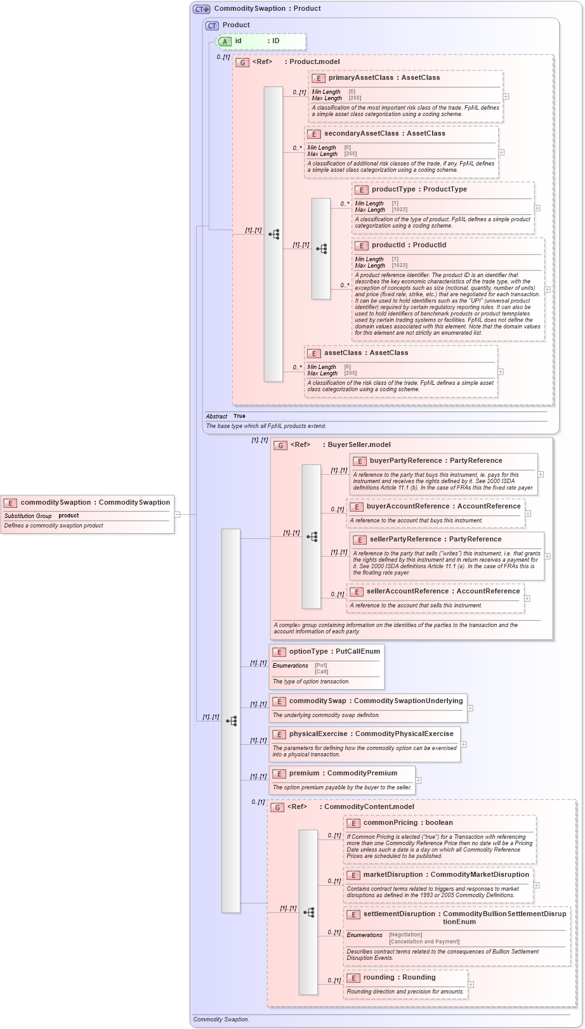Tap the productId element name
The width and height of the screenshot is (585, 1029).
click(x=388, y=245)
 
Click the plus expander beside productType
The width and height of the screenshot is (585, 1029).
click(x=537, y=208)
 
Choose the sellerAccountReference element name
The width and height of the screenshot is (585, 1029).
click(x=407, y=591)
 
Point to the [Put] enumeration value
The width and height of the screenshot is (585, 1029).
click(x=321, y=665)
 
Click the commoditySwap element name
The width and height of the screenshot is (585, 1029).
click(x=317, y=701)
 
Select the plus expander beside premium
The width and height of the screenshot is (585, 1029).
click(x=418, y=780)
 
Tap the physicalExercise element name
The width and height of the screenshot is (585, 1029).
click(x=318, y=734)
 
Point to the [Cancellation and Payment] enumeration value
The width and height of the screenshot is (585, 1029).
click(x=424, y=942)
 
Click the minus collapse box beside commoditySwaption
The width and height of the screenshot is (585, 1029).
click(x=178, y=515)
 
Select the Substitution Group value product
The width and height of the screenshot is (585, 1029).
click(x=69, y=515)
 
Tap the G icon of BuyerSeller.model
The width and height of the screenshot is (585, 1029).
click(x=280, y=445)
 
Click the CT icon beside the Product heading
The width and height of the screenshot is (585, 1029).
click(x=212, y=25)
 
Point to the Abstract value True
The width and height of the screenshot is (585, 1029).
click(x=239, y=416)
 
